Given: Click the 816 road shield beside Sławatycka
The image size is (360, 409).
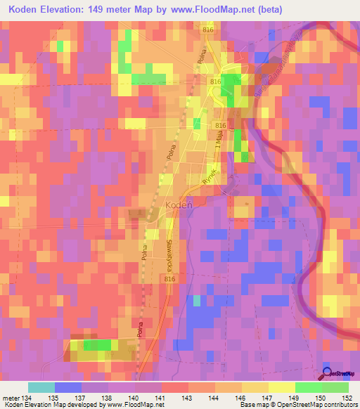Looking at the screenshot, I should [169, 279].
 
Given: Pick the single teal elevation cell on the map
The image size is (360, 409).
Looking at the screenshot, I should [197, 301].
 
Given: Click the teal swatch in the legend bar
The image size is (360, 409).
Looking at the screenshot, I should [41, 387].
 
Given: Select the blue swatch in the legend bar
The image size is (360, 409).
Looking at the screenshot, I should [68, 387].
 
